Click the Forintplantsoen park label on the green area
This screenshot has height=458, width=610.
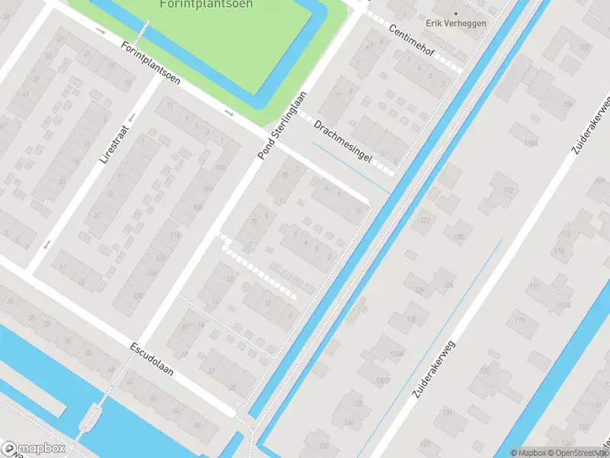[207, 5]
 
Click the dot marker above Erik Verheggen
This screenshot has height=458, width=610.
[457, 13]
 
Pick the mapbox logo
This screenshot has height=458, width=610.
[34, 449]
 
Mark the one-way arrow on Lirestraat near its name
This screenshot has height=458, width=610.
[131, 117]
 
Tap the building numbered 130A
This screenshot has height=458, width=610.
[396, 353]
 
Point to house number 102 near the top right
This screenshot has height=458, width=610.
[585, 47]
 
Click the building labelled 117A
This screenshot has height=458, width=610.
[563, 305]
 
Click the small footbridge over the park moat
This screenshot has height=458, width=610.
[142, 31]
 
